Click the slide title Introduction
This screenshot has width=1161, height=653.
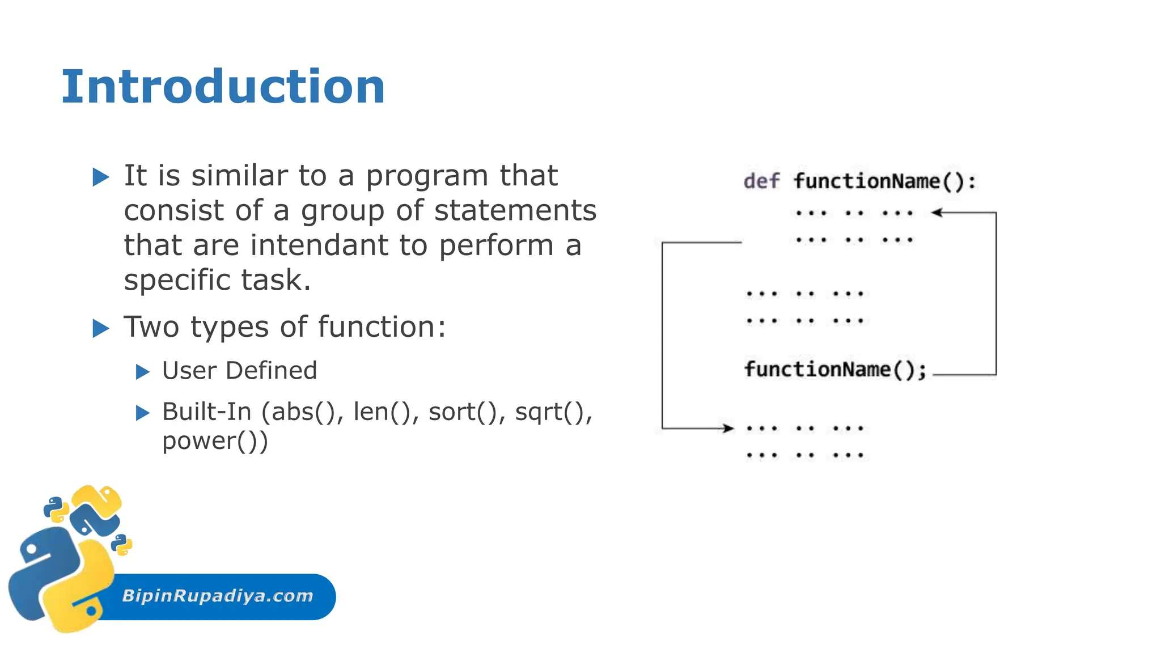[x=223, y=87]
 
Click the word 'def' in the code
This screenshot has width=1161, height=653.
[x=761, y=181]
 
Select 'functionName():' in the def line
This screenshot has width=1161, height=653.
[x=884, y=181]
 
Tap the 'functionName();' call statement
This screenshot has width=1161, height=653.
[x=835, y=370]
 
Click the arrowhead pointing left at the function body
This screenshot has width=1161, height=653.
[x=937, y=213]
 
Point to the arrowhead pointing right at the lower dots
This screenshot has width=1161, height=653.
[x=728, y=428]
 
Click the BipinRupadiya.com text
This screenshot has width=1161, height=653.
[x=218, y=596]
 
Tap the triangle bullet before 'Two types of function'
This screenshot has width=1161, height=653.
[x=100, y=328]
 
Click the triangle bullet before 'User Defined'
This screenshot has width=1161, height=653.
[x=142, y=372]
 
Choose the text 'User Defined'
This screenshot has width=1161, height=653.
[x=239, y=371]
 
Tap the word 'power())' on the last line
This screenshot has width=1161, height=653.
[x=215, y=442]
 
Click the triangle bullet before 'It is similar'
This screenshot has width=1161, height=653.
[x=100, y=177]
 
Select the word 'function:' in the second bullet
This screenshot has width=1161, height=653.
[x=382, y=327]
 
